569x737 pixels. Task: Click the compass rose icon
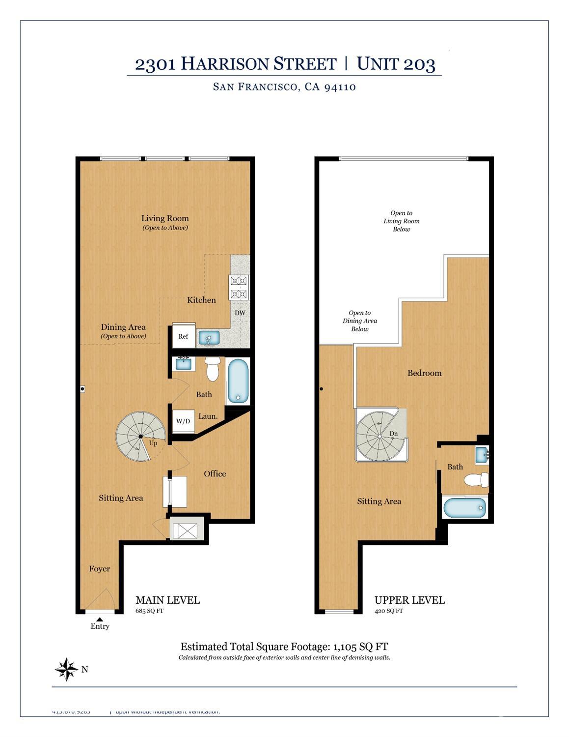pyautogui.click(x=66, y=669)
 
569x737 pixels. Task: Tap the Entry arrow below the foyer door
pyautogui.click(x=100, y=619)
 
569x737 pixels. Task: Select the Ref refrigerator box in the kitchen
pyautogui.click(x=183, y=337)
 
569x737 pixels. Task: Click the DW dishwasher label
pyautogui.click(x=240, y=313)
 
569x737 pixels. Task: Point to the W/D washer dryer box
pyautogui.click(x=183, y=421)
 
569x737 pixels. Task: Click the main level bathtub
pyautogui.click(x=238, y=382)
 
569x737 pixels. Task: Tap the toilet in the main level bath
pyautogui.click(x=213, y=369)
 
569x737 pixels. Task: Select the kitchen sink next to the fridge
pyautogui.click(x=209, y=338)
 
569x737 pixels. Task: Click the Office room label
pyautogui.click(x=215, y=473)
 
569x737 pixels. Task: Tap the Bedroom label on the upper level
pyautogui.click(x=424, y=373)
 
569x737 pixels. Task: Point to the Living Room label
pyautogui.click(x=165, y=218)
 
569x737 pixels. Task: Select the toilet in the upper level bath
pyautogui.click(x=477, y=479)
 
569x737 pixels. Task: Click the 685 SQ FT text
pyautogui.click(x=149, y=611)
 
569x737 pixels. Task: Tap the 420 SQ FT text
pyautogui.click(x=388, y=611)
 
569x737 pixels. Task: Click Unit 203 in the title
pyautogui.click(x=396, y=64)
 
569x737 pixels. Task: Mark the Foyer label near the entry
pyautogui.click(x=99, y=569)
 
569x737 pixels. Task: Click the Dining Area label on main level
pyautogui.click(x=123, y=327)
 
